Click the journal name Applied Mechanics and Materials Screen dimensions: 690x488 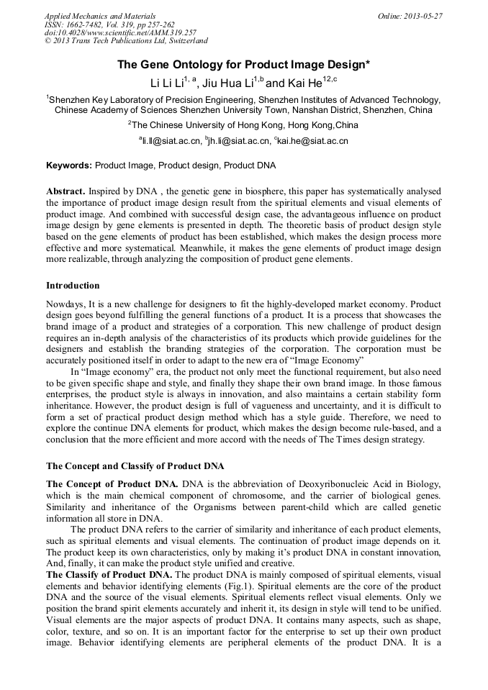(100, 16)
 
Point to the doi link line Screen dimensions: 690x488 (120, 33)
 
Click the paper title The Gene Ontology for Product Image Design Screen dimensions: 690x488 (243, 65)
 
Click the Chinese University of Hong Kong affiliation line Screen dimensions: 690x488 (245, 125)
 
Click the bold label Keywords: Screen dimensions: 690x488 (69, 165)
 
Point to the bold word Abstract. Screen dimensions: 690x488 (65, 193)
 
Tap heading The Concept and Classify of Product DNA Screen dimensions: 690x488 (135, 465)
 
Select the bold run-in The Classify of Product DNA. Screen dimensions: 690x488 (109, 574)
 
